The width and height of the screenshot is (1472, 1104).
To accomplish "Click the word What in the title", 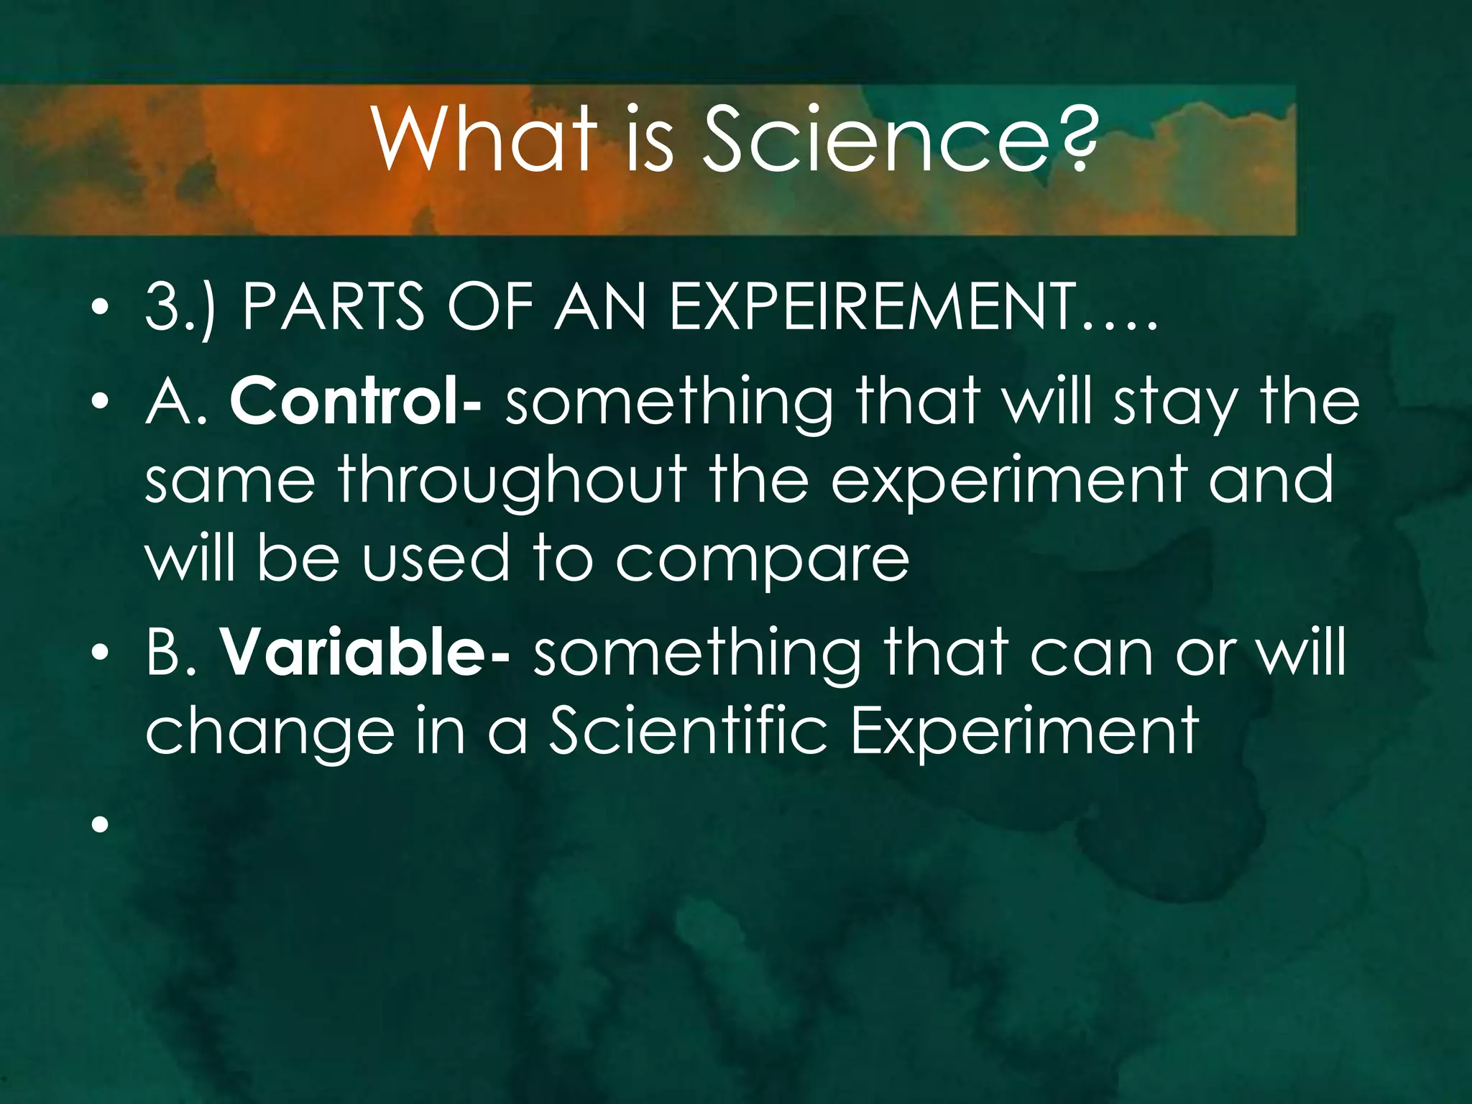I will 486,139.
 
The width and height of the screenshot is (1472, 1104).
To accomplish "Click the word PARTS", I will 333,307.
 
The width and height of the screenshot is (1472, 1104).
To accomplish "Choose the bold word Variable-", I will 364,653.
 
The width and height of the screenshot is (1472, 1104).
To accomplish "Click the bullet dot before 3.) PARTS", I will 100,308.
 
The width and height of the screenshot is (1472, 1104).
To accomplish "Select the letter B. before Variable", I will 170,653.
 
